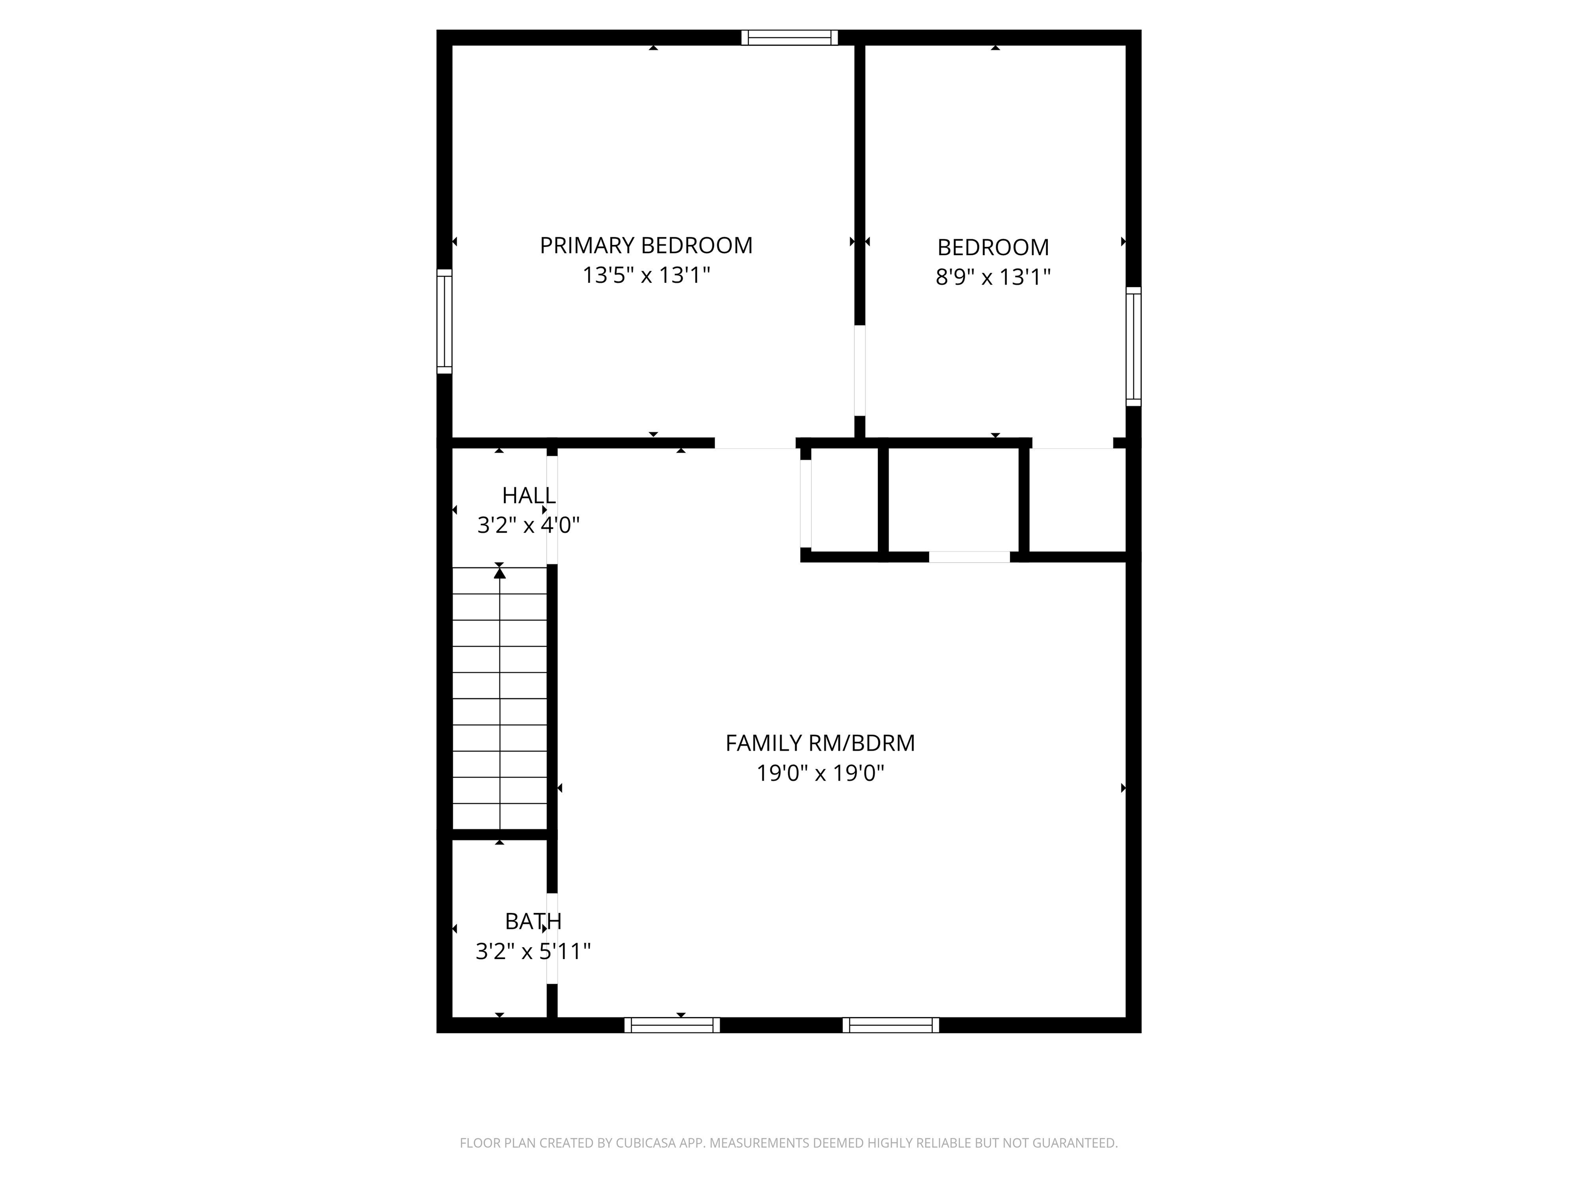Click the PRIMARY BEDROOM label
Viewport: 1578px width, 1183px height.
(646, 245)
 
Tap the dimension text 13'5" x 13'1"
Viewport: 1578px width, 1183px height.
(646, 275)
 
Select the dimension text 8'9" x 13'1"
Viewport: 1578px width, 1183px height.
(993, 277)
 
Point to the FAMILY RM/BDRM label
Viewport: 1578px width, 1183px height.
(820, 743)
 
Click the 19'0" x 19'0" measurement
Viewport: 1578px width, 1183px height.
(820, 773)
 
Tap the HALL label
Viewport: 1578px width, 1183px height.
(529, 495)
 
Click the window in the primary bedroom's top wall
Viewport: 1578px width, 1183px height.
(789, 38)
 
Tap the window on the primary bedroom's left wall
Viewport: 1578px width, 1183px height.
(444, 321)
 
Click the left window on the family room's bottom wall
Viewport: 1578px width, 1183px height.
(672, 1025)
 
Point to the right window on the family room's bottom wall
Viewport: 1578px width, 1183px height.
(891, 1025)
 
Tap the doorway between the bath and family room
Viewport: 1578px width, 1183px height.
(552, 939)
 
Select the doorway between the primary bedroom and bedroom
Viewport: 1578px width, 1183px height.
(859, 371)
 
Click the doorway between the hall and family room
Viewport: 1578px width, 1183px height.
(552, 510)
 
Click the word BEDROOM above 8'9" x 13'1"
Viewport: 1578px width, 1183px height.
(993, 247)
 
